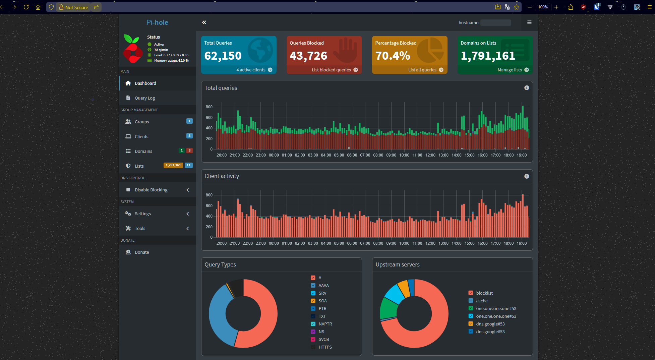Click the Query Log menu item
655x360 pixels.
(x=144, y=98)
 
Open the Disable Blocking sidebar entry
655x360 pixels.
(x=151, y=190)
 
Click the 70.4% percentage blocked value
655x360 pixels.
(x=393, y=56)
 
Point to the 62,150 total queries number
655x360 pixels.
(x=223, y=56)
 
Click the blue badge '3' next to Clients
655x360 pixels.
(x=189, y=136)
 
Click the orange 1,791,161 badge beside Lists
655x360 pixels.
(x=173, y=165)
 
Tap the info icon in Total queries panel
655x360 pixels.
(x=527, y=88)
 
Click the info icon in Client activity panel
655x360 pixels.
(x=527, y=176)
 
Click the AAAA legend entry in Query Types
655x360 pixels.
(x=323, y=286)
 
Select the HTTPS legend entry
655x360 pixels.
(x=325, y=347)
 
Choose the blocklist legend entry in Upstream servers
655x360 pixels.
(x=484, y=293)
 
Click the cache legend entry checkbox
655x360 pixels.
(x=471, y=301)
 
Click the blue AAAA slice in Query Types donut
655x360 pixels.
(x=218, y=315)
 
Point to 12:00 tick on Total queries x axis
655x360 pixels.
(x=430, y=155)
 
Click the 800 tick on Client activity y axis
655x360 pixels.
(x=209, y=195)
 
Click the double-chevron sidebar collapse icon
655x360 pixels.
(x=204, y=22)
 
